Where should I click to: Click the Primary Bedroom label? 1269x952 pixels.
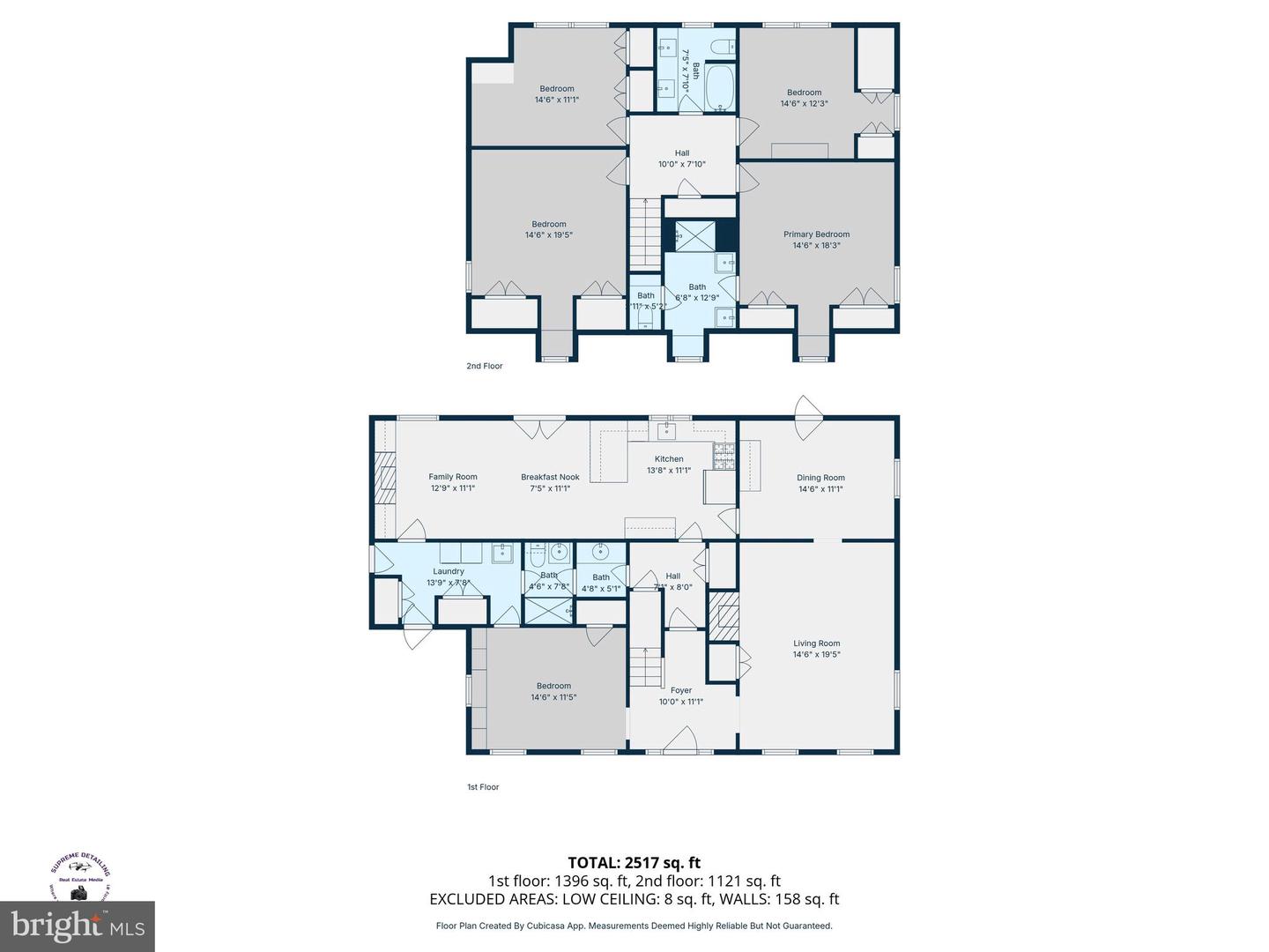pos(816,234)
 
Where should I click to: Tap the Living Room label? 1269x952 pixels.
pos(816,643)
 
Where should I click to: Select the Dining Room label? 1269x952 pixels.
pos(820,478)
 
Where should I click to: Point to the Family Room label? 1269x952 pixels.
pos(453,477)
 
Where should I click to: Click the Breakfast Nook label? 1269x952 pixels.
pos(550,477)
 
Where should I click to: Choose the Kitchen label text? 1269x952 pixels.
pos(669,459)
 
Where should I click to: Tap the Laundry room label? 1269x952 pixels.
pos(449,571)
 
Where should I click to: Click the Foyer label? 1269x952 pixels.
pos(681,690)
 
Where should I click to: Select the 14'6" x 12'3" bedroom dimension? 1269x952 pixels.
pos(804,104)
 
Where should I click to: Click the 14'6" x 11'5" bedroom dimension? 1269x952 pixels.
pos(553,697)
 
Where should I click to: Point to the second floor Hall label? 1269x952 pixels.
pos(682,153)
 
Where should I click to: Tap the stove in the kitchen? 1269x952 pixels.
pos(724,455)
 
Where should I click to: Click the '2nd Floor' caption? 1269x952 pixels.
pos(485,366)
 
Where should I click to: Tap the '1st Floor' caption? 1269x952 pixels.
pos(483,787)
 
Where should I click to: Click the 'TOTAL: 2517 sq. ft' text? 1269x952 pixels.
pos(634,862)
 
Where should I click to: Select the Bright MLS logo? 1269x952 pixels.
pos(77,926)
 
